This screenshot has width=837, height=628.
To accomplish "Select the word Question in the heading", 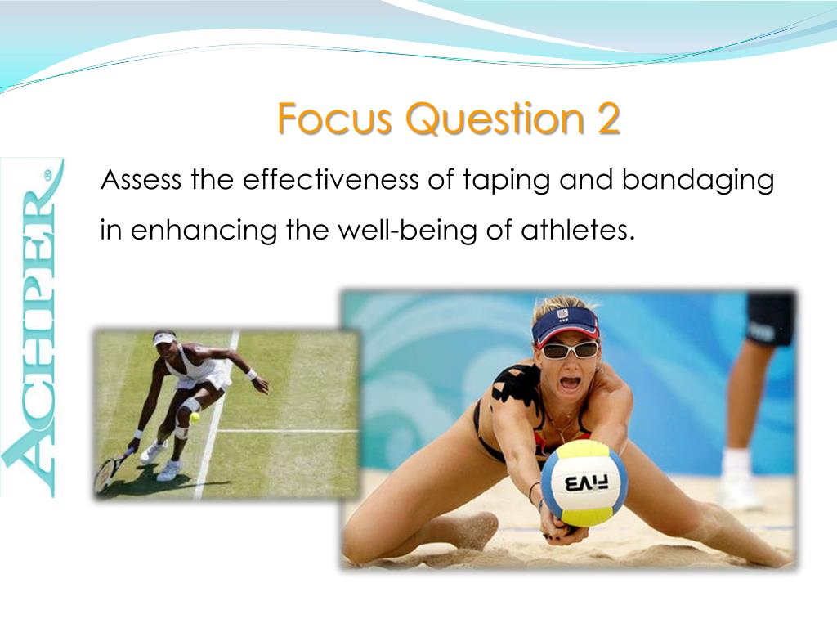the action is coord(489,119).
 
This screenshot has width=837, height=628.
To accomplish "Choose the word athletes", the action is coord(578,230).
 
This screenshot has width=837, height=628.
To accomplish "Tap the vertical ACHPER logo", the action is coord(32,327).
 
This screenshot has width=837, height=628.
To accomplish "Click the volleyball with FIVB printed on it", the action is coord(584,484).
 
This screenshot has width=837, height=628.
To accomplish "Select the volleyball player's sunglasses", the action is coord(571,350).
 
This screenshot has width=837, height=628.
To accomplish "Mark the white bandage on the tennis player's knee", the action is coord(190,406).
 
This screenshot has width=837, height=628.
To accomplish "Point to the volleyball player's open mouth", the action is coord(570,383).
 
